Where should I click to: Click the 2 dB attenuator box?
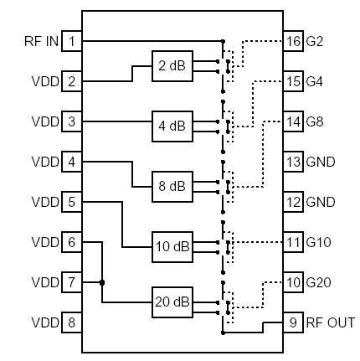(172, 64)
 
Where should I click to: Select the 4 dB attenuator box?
(172, 126)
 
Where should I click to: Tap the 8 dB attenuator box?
(172, 186)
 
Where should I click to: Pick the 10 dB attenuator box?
(172, 246)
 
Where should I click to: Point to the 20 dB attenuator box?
(172, 302)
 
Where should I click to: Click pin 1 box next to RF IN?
(72, 41)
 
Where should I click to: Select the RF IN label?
(41, 41)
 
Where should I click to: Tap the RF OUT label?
(330, 322)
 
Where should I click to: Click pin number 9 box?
(293, 322)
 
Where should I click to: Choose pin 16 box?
(293, 41)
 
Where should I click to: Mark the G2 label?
(315, 41)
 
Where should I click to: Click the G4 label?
(315, 81)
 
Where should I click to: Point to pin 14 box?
(293, 121)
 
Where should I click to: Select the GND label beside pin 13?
(321, 162)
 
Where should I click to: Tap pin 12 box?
(293, 202)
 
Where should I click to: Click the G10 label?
(319, 242)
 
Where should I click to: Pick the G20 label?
(319, 282)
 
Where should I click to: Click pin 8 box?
(72, 322)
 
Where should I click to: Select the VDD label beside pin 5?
(45, 202)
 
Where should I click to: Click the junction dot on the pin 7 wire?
(103, 282)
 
